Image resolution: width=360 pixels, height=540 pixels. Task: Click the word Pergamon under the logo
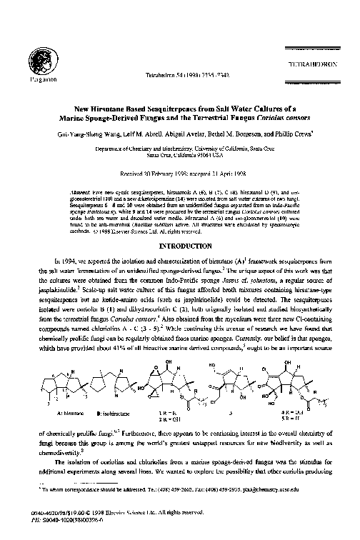[34, 78]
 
